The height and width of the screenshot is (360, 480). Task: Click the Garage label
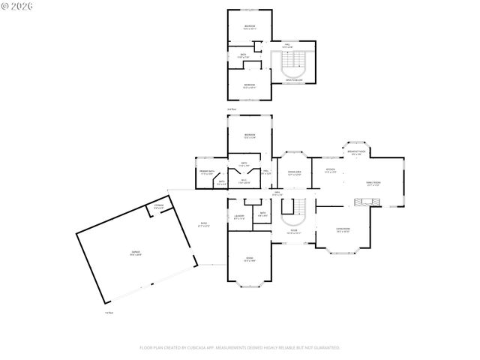pos(135,253)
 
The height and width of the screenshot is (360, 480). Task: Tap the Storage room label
pos(159,205)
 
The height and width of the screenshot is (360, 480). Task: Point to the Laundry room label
pos(239,217)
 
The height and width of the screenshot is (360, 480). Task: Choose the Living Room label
pos(343,230)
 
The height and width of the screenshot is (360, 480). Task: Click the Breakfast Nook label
pos(356,152)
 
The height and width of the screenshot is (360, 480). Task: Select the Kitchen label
pos(330,170)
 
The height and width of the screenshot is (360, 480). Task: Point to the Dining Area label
pos(294,173)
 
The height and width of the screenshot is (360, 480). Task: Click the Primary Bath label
pos(207,172)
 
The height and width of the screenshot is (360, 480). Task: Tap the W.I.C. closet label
pos(244,181)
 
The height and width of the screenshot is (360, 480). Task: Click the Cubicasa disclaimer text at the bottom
pos(240,348)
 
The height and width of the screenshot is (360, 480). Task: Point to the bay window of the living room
pos(343,247)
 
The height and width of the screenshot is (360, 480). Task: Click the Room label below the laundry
pos(249,259)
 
